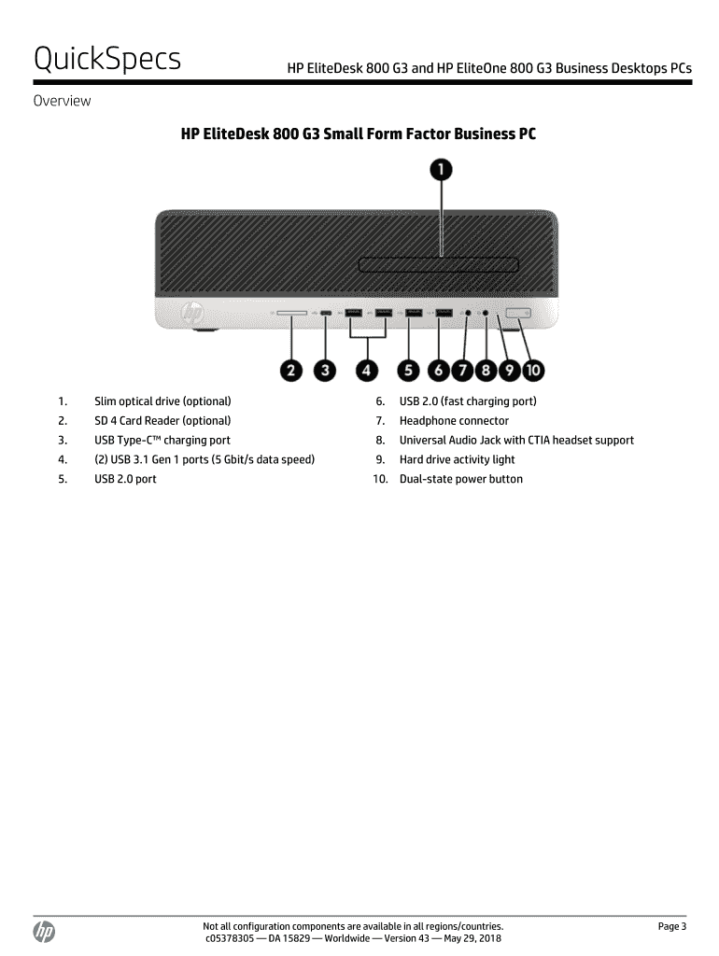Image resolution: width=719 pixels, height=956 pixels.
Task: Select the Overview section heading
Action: coord(63,101)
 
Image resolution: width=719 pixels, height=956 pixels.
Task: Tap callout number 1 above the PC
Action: coord(441,169)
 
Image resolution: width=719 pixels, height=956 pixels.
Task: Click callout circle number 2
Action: coord(291,370)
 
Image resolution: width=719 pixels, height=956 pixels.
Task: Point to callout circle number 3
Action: coord(324,370)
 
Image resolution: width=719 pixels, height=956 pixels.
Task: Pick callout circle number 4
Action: coord(368,370)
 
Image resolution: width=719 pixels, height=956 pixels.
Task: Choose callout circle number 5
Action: coord(408,370)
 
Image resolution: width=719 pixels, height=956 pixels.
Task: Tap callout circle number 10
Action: coord(532,370)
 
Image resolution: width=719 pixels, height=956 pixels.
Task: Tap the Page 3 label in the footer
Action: coord(671,926)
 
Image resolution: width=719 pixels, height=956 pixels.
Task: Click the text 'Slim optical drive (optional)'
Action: coord(162,401)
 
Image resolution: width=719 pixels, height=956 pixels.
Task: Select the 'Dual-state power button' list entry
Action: coord(460,479)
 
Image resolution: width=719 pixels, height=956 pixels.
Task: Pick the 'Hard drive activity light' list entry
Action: coord(457,459)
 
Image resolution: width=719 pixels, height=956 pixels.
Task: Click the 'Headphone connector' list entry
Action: coord(454,421)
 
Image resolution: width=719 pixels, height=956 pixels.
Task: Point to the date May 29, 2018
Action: coord(471,938)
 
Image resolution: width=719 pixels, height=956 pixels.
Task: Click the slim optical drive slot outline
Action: coord(438,264)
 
